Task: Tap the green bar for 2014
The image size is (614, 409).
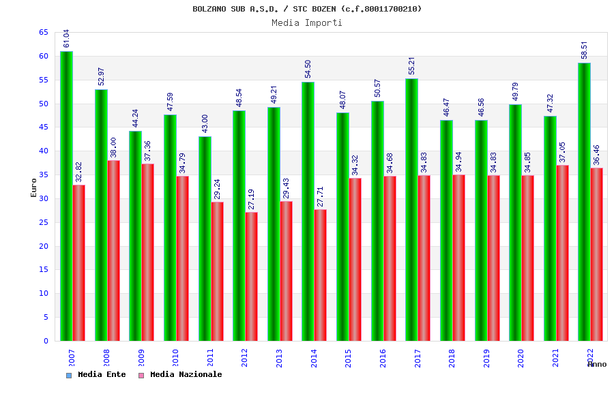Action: point(308,211)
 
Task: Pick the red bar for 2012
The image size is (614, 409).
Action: point(252,276)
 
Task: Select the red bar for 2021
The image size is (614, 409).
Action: point(563,253)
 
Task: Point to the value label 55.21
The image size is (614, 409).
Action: point(412,66)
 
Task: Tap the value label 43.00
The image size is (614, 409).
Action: point(205,123)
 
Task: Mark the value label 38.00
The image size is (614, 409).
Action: point(114,148)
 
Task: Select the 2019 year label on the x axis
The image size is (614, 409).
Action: point(486,358)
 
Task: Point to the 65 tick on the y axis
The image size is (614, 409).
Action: point(43,32)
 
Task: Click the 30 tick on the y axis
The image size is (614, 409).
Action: point(43,198)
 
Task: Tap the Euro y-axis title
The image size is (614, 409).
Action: point(34,187)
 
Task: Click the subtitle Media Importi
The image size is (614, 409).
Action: point(307,22)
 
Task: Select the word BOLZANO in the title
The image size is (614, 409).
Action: point(209,9)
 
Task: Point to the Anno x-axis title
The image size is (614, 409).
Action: point(597,364)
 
